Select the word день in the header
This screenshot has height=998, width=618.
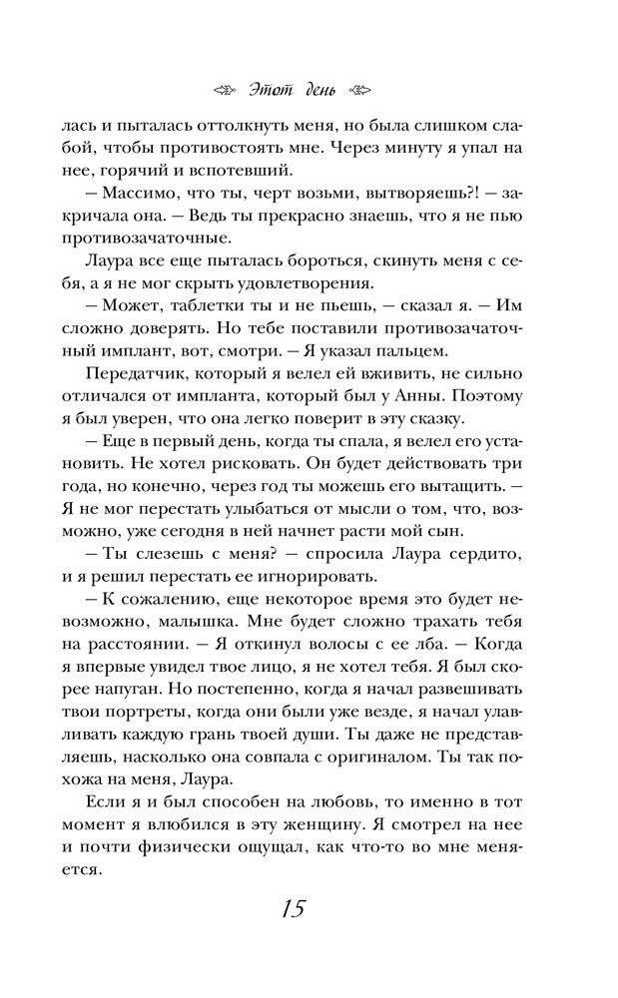319,91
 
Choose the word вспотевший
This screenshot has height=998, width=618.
238,170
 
